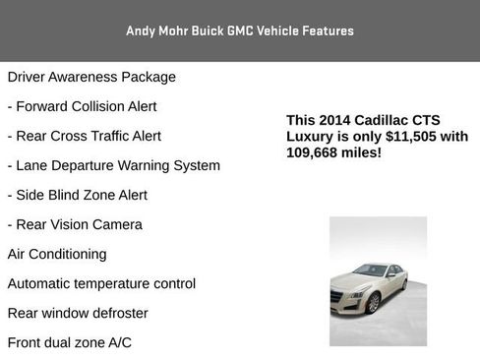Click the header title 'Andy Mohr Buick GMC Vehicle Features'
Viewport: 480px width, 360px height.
[240, 30]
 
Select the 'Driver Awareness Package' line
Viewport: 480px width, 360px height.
[91, 77]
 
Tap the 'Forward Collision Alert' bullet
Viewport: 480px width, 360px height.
[82, 106]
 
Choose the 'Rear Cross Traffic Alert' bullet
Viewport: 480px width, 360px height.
[84, 136]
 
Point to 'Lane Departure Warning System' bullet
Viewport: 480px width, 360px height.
[113, 165]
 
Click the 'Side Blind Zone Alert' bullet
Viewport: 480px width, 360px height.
[77, 195]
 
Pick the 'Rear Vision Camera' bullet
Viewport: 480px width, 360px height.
[75, 224]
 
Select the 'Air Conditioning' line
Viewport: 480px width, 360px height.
[57, 254]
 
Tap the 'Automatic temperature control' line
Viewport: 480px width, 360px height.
[101, 283]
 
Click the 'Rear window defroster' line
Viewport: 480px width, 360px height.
[78, 313]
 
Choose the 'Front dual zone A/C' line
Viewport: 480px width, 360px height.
[69, 342]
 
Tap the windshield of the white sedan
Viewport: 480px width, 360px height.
[370, 270]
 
